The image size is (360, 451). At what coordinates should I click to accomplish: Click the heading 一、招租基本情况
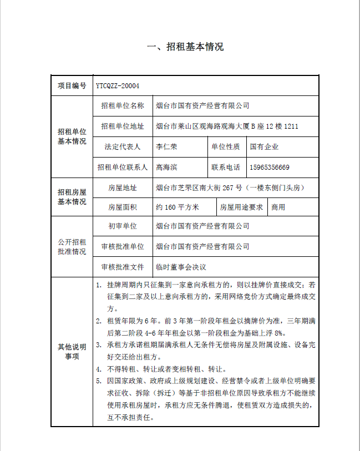[185, 47]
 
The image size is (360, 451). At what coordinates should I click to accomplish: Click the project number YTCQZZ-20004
[117, 86]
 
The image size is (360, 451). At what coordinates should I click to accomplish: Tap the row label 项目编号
[72, 86]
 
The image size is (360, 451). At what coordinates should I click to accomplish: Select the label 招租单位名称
[123, 105]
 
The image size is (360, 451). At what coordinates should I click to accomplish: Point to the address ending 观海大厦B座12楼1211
[227, 126]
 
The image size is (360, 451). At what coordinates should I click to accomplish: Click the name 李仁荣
[166, 147]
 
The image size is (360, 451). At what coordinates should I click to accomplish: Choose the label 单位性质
[225, 147]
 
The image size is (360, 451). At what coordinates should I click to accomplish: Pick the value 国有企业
[264, 147]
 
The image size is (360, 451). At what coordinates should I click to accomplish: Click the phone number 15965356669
[270, 167]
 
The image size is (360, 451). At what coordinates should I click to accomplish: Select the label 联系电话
[225, 167]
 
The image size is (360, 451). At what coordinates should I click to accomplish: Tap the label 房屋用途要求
[241, 207]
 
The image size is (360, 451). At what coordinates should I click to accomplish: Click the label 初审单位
[123, 226]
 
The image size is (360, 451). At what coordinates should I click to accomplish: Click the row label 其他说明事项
[72, 352]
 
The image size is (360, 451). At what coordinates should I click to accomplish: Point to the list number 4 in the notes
[98, 369]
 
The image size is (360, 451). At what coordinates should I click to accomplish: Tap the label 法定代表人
[123, 147]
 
